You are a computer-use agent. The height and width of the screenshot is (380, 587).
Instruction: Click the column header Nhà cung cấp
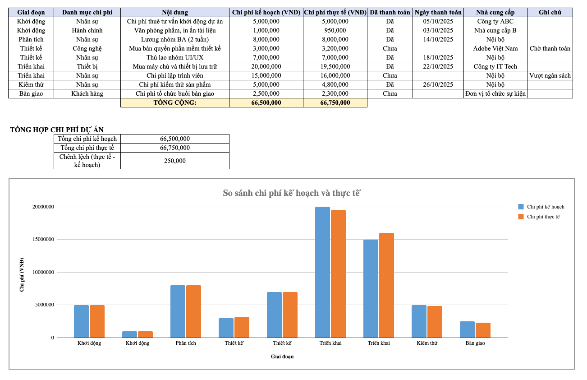(495, 12)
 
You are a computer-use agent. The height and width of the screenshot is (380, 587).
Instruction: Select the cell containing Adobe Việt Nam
(495, 48)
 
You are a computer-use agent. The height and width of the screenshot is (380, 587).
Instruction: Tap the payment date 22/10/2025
(438, 66)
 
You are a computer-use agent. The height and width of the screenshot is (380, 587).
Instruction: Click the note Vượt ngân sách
(550, 75)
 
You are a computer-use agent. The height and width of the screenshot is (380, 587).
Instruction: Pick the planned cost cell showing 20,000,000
(266, 66)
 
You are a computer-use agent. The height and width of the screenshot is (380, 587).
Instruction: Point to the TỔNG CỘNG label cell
(175, 102)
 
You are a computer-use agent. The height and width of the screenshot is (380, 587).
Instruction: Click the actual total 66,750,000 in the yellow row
(335, 102)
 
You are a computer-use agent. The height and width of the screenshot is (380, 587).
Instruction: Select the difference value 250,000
(175, 161)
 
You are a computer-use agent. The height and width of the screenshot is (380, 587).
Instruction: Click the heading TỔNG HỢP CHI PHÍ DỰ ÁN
(57, 130)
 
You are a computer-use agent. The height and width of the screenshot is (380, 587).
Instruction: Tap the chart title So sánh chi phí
(292, 193)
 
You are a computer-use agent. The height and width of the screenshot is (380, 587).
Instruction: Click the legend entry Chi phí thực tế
(543, 217)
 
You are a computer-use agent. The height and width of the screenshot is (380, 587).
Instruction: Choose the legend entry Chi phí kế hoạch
(546, 207)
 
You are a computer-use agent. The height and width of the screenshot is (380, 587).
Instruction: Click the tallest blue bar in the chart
(322, 272)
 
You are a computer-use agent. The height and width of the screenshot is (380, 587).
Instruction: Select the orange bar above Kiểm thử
(435, 322)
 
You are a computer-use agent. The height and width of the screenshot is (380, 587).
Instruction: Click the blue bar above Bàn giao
(467, 329)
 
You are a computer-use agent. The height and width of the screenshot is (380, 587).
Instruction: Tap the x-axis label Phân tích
(186, 343)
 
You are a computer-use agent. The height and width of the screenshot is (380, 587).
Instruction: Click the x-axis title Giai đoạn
(282, 357)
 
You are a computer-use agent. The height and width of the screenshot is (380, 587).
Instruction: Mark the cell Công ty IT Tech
(495, 66)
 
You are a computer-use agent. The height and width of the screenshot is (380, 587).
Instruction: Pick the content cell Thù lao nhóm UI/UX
(175, 57)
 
